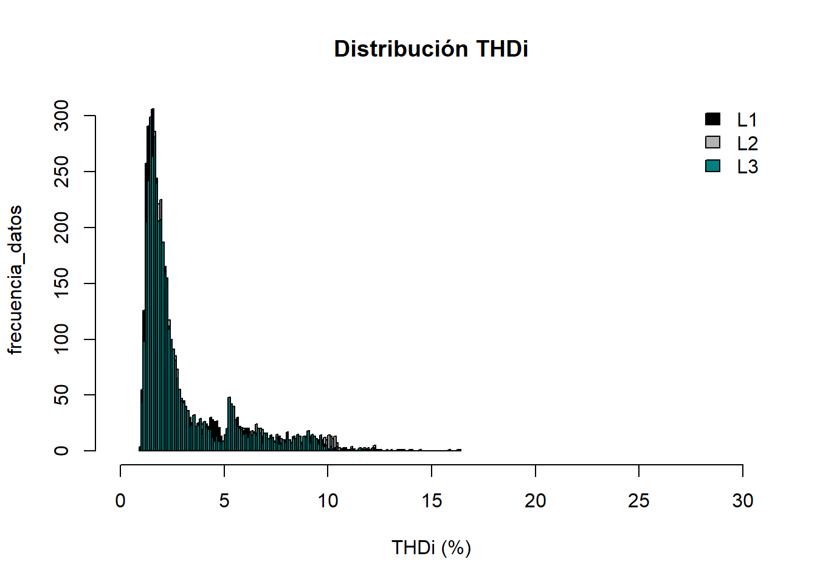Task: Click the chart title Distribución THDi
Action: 431,49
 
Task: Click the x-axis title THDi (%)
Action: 431,547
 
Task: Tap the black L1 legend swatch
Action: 712,119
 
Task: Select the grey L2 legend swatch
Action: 712,142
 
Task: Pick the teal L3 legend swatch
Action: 712,165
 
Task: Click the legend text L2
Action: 747,144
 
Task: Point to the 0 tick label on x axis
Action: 120,501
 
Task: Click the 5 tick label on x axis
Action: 224,501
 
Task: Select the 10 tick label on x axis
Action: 328,501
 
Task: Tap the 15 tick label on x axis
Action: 432,501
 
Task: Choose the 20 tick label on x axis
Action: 535,501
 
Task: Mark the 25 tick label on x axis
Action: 639,501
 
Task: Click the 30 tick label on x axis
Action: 743,501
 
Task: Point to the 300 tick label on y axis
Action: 61,116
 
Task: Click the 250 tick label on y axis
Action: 61,172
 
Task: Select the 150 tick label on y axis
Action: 61,283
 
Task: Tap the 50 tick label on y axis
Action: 61,395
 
